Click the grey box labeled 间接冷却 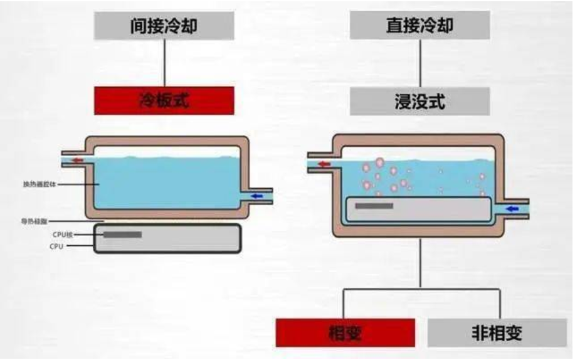pyautogui.click(x=164, y=26)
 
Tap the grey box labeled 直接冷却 pyautogui.click(x=419, y=26)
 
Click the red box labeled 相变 pyautogui.click(x=345, y=332)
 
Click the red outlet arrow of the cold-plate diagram pyautogui.click(x=78, y=161)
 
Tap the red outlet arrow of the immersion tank pyautogui.click(x=324, y=165)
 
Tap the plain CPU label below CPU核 pyautogui.click(x=56, y=246)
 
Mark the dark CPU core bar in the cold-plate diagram pyautogui.click(x=122, y=235)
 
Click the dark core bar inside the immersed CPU pyautogui.click(x=374, y=206)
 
